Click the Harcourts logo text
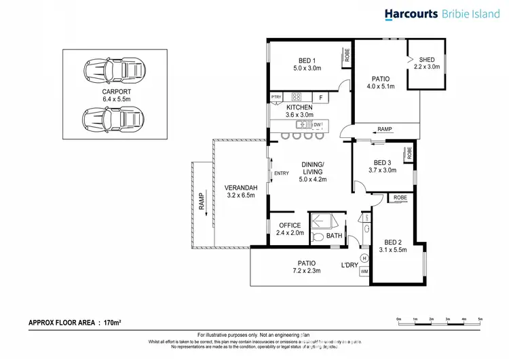point(412,14)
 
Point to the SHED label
point(427,59)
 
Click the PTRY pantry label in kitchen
point(276,98)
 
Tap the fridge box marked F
point(320,98)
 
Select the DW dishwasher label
point(318,124)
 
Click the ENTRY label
point(281,173)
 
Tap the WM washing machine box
point(364,272)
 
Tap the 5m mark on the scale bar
point(480,318)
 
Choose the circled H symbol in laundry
point(364,258)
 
